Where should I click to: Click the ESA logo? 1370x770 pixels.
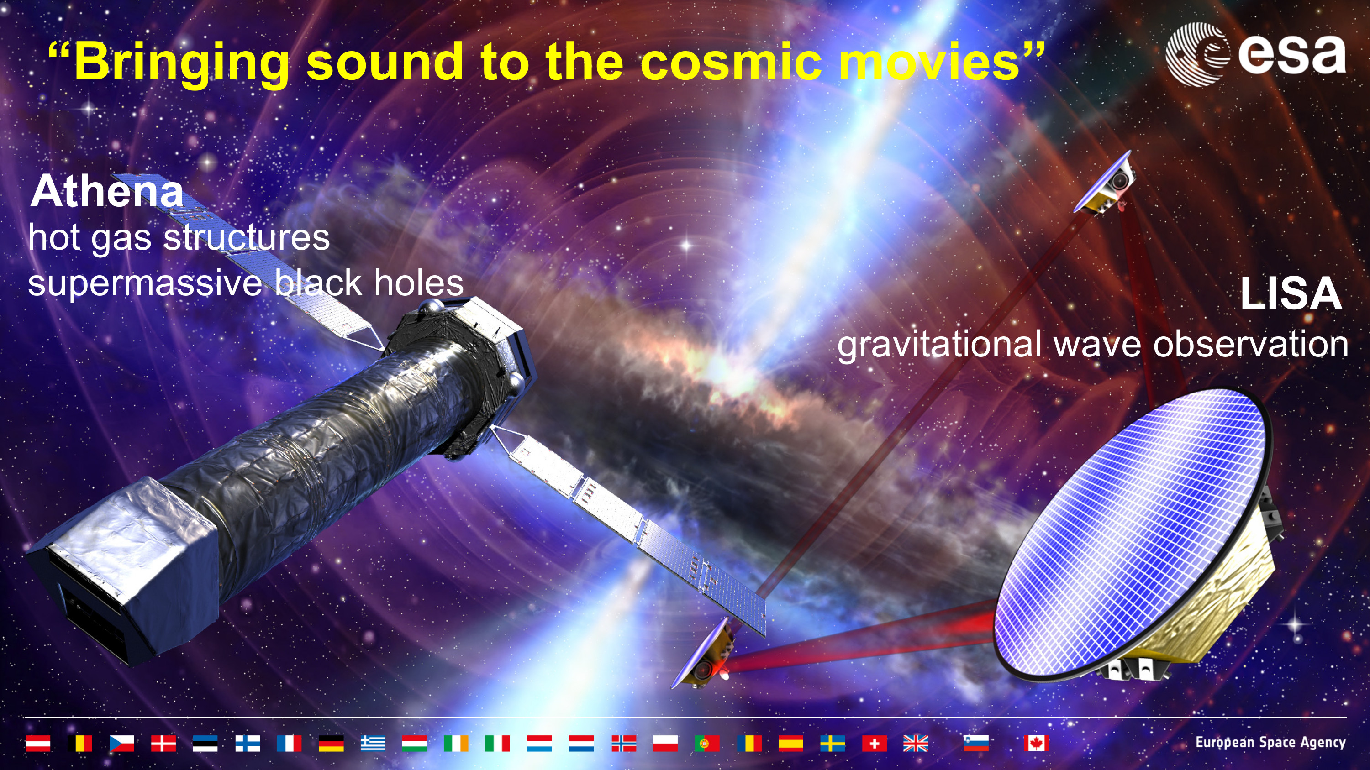click(1255, 54)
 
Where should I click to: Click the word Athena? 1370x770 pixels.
click(107, 191)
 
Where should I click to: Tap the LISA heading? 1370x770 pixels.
click(1291, 293)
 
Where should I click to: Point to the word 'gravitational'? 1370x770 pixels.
click(939, 344)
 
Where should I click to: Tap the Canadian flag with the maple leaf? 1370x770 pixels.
click(1036, 743)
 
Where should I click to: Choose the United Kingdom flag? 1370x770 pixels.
click(915, 743)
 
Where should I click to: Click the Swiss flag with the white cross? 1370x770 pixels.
click(874, 743)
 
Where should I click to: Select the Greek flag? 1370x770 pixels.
click(373, 743)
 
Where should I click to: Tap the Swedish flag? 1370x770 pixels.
click(833, 743)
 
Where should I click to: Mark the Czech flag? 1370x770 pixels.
click(122, 743)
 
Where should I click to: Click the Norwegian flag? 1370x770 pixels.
click(624, 743)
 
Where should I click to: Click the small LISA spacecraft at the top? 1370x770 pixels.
click(1104, 183)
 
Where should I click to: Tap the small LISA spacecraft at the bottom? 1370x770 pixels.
click(703, 654)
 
